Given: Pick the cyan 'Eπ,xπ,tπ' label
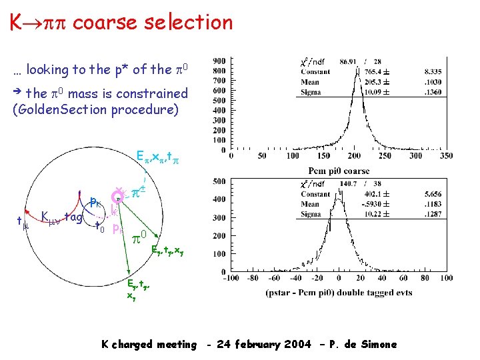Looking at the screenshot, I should tap(157, 157).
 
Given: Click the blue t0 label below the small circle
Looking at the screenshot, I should tap(100, 227).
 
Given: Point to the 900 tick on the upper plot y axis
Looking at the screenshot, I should tap(219, 59).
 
